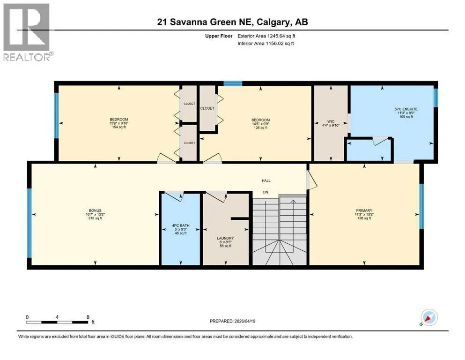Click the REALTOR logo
click(28, 32)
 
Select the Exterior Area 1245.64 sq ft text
click(266, 36)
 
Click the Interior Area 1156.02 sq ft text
click(266, 43)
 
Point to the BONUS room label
click(95, 214)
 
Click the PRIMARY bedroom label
click(364, 214)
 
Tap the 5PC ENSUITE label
click(406, 113)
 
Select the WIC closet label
click(331, 123)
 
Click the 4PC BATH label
click(181, 229)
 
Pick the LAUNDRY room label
click(225, 242)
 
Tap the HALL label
click(266, 180)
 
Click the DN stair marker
click(266, 192)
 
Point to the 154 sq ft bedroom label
click(119, 123)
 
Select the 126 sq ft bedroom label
click(261, 124)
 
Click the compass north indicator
click(428, 317)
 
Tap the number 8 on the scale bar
click(88, 317)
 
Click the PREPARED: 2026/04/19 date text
click(232, 321)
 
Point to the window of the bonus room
click(29, 223)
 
